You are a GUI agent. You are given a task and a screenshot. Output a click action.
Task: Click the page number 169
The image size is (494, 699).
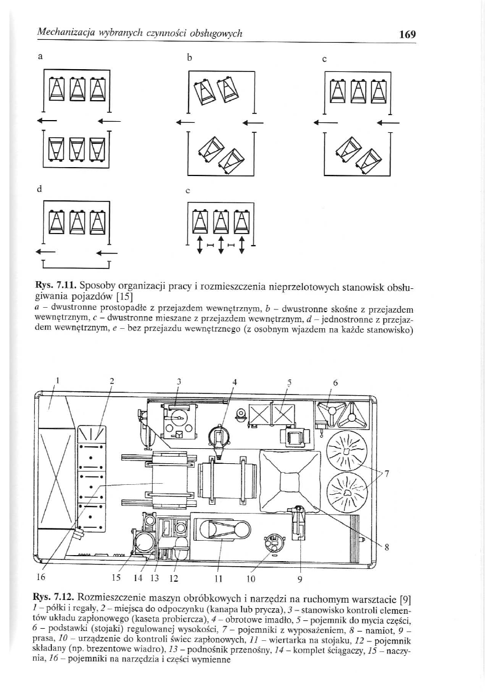coord(408,34)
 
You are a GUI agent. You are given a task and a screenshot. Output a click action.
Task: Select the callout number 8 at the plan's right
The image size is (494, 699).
coord(387,548)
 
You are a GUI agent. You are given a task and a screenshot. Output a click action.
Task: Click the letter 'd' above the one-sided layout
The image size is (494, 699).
coord(40,189)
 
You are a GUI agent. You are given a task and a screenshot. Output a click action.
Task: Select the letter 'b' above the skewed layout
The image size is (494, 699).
coord(189,58)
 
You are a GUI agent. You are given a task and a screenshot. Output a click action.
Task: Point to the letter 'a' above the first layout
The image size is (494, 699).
coord(40,56)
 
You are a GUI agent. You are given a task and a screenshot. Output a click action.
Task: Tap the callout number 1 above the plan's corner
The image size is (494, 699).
coord(58,380)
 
